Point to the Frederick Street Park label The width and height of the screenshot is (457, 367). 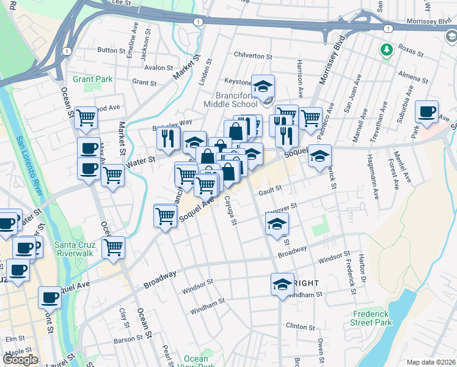[x=371, y=318]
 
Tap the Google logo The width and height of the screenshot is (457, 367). [x=21, y=360]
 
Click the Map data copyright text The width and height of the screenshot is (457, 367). [x=430, y=361]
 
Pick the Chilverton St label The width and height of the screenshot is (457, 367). [x=252, y=54]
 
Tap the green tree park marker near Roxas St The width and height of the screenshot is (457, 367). [x=386, y=49]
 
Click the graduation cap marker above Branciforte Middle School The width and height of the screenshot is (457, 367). [x=263, y=86]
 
